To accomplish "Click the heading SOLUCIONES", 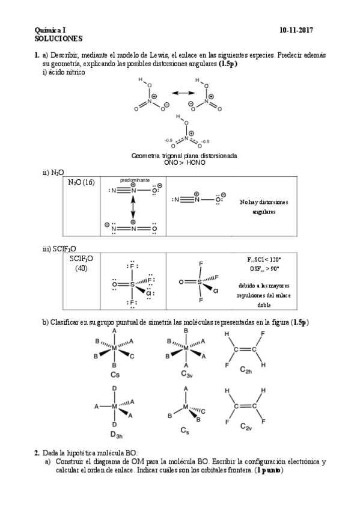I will [57, 37].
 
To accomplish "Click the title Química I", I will [51, 29].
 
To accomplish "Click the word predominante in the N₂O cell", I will [135, 180].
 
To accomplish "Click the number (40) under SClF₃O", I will [81, 268].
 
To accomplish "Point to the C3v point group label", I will [186, 373].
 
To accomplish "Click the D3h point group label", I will [116, 434].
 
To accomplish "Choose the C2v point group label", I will [246, 426].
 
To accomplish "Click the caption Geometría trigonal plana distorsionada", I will [184, 156].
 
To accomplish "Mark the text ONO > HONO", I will [184, 162].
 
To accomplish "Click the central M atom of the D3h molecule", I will [115, 407].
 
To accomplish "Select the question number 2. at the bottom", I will [37, 452].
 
